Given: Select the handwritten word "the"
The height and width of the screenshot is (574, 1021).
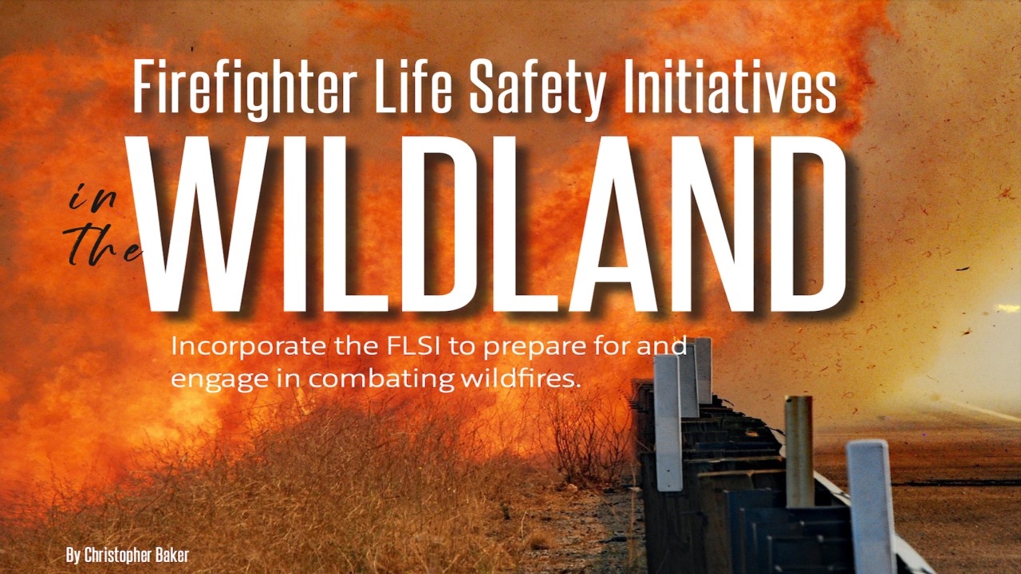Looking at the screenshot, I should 103,244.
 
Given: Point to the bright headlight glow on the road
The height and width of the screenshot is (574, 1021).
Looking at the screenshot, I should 1007,308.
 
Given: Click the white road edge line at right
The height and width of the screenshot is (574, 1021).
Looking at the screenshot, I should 989,411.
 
